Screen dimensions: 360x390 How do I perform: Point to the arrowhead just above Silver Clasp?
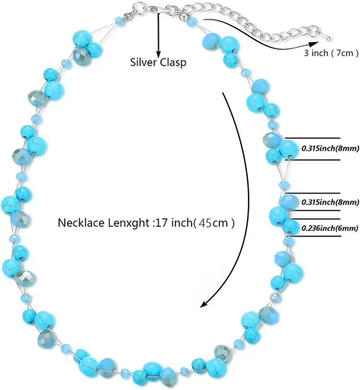[158, 53]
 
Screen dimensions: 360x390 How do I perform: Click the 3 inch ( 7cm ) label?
[331, 53]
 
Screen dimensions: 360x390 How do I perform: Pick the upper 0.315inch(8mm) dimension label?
[330, 148]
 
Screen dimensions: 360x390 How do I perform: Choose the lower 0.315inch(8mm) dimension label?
[330, 202]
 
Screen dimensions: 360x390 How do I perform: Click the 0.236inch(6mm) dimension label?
[330, 229]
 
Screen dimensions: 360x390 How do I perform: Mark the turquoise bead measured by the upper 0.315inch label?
[289, 149]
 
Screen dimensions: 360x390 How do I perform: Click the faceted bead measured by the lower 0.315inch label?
[288, 202]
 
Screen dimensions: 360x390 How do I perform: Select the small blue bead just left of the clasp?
[119, 20]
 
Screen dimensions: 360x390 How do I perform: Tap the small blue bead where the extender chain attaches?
[192, 21]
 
